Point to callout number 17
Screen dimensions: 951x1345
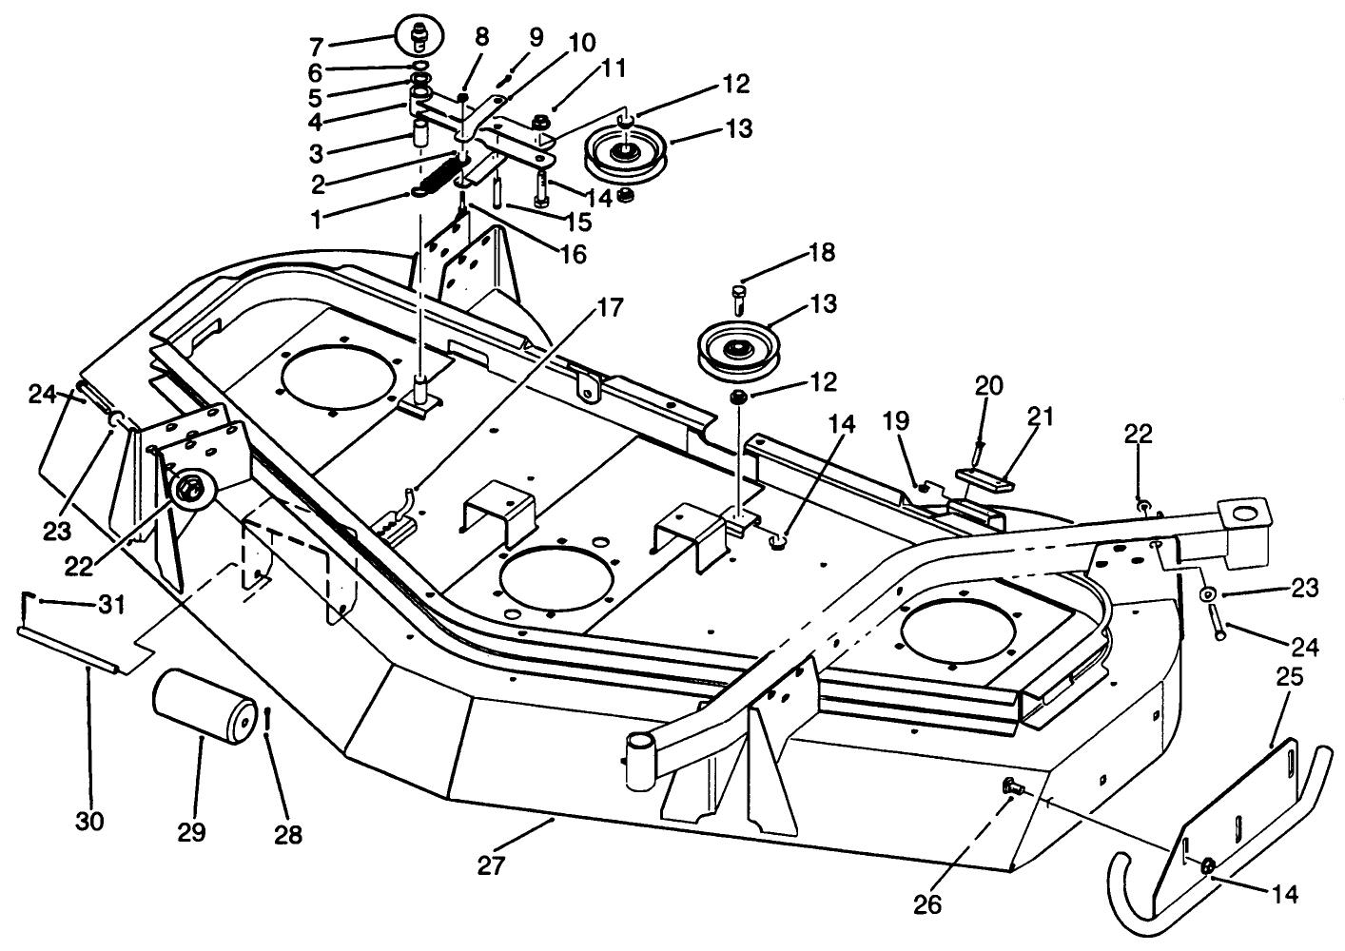click(611, 308)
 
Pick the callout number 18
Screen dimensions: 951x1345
click(822, 253)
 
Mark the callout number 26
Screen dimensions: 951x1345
click(927, 904)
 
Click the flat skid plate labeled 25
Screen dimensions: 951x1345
click(1238, 810)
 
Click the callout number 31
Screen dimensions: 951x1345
click(111, 606)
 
